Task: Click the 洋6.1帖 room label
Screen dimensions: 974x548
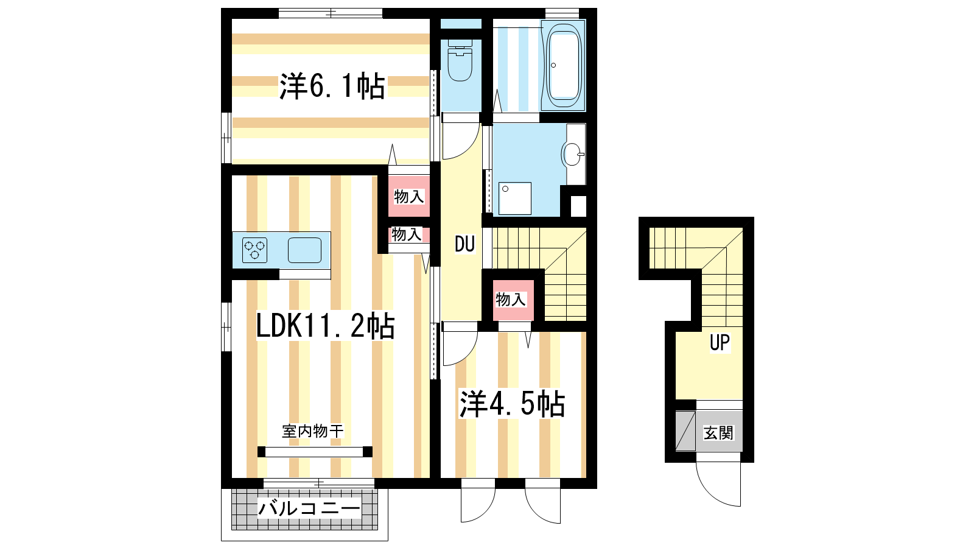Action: point(332,86)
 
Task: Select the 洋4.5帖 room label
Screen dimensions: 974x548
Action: point(512,404)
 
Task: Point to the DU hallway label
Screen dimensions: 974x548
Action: point(464,244)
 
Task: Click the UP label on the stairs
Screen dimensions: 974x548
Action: point(720,342)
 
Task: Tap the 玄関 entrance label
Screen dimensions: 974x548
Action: point(718,433)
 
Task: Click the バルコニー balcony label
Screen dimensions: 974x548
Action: point(310,508)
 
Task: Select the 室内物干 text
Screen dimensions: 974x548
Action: point(313,431)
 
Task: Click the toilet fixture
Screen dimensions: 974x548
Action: point(460,60)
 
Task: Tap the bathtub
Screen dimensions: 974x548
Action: point(564,65)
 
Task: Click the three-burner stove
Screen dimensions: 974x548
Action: point(254,250)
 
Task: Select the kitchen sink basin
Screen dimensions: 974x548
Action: point(304,250)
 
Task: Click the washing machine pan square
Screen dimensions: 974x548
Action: point(515,198)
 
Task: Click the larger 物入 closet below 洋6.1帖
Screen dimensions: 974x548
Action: point(408,196)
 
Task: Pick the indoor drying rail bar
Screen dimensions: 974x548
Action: point(314,452)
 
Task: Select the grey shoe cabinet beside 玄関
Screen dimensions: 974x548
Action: point(685,431)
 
